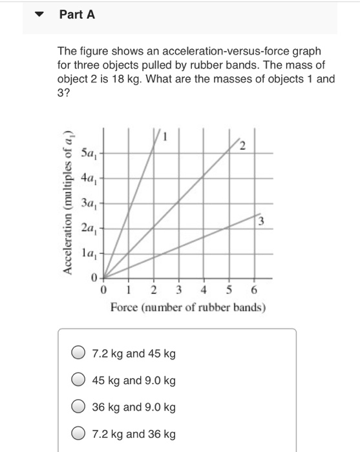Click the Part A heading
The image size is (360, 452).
(x=77, y=15)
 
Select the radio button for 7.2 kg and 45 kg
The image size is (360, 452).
(x=78, y=353)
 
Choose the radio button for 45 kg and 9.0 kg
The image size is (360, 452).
(x=78, y=380)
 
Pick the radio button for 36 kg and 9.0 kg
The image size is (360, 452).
(x=78, y=407)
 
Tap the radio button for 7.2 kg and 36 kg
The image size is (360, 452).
(x=78, y=434)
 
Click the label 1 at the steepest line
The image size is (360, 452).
(x=165, y=136)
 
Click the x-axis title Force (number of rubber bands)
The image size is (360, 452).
(x=187, y=307)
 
